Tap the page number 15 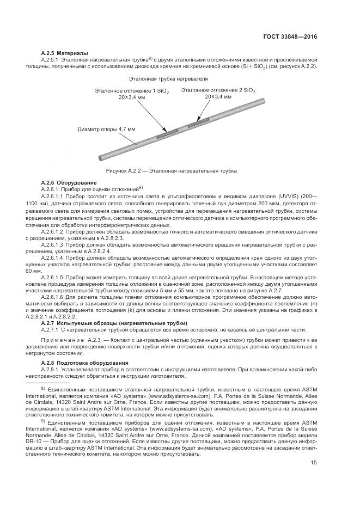(x=314, y=478)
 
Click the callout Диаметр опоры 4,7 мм (x=107, y=129)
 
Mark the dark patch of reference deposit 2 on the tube (x=198, y=122)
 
